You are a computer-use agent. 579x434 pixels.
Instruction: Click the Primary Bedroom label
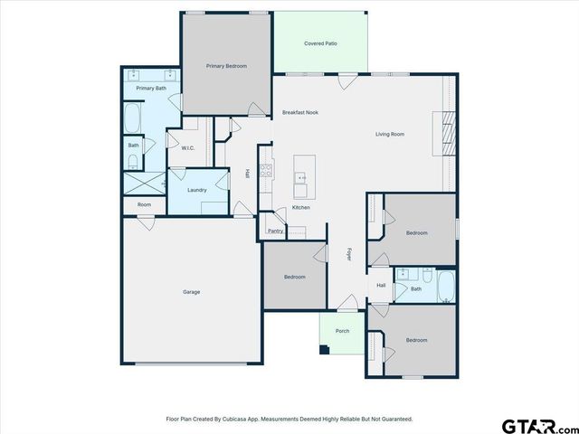point(226,66)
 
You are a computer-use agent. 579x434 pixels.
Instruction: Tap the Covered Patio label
point(320,42)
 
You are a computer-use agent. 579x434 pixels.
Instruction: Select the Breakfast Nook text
point(299,112)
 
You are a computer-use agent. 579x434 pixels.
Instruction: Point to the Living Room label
point(390,135)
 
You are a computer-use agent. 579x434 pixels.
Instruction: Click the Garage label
point(191,291)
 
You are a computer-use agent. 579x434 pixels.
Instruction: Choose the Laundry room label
point(196,190)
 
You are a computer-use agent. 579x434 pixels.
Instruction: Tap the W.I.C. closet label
point(188,148)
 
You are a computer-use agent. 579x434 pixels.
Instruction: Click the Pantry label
point(275,231)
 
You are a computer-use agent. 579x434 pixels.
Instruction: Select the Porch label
point(342,331)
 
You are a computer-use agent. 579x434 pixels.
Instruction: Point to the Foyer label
point(349,254)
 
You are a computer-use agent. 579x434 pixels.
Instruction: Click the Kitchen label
point(300,208)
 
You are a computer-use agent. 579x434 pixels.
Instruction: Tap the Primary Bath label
point(151,89)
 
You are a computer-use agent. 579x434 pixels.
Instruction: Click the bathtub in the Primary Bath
point(133,118)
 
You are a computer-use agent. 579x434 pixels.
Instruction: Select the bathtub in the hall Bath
point(445,288)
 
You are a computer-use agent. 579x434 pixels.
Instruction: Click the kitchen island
point(303,175)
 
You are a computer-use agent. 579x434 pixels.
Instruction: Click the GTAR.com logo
point(537,424)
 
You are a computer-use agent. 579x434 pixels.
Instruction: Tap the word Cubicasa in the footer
point(240,420)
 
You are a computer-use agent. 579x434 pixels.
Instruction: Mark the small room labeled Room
point(144,204)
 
